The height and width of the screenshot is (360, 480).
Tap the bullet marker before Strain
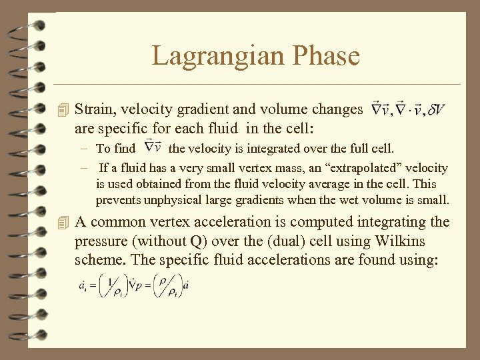[63, 109]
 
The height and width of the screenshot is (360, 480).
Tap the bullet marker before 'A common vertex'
[63, 222]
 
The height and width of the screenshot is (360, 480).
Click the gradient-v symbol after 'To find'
[153, 148]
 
